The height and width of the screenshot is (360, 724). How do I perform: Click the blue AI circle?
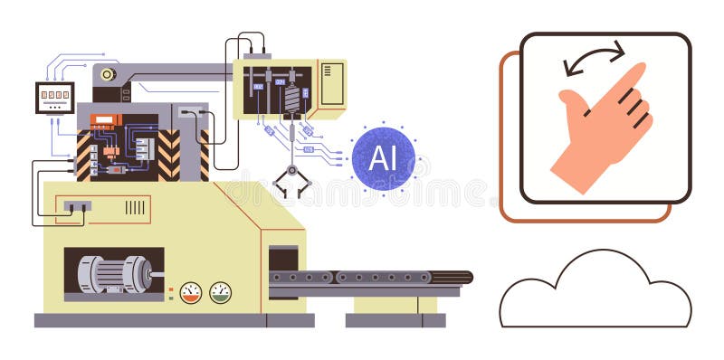[383, 158]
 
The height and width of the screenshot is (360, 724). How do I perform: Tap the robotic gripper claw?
[292, 182]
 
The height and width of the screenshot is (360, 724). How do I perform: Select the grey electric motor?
[114, 274]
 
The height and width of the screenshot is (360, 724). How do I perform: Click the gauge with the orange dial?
[191, 292]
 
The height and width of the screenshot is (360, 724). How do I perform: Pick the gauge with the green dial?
[220, 292]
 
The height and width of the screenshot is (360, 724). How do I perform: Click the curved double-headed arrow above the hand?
[594, 60]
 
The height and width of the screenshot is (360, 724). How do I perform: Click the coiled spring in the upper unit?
[292, 97]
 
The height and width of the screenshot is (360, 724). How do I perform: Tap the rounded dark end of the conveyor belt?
[462, 277]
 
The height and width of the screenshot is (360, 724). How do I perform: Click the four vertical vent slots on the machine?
[135, 207]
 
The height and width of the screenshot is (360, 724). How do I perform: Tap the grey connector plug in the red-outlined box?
[77, 206]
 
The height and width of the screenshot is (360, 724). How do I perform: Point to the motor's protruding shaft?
[158, 274]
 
